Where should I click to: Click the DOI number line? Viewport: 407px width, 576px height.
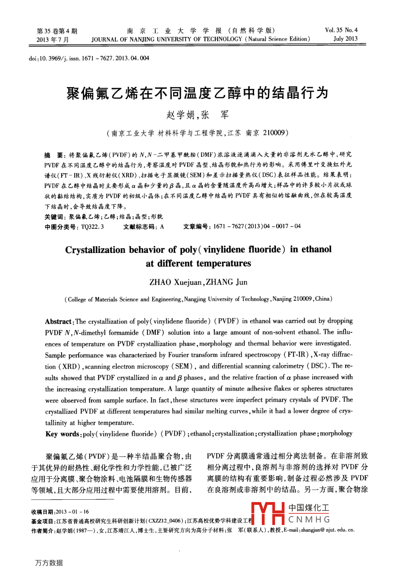pos(89,58)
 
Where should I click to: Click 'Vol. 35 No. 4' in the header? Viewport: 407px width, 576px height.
pos(341,30)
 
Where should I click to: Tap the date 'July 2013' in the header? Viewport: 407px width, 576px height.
pos(345,39)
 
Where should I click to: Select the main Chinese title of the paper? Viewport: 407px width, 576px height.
pos(197,93)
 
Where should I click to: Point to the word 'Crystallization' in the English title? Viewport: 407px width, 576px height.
pos(95,250)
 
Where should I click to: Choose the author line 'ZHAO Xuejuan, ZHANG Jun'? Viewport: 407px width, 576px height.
pos(198,282)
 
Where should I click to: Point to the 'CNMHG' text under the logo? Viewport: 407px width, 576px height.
pos(309,520)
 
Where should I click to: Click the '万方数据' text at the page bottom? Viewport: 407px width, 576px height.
pos(49,563)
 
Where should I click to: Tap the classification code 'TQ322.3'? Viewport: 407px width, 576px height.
pos(92,227)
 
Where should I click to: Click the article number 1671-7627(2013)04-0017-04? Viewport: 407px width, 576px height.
pos(256,227)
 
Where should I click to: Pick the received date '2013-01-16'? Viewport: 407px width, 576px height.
pos(72,512)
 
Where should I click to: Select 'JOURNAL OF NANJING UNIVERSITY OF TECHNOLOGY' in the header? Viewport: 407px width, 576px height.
pos(167,39)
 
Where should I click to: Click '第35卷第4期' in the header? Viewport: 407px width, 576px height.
pos(57,31)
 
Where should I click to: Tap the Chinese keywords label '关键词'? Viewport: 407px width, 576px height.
pos(53,217)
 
